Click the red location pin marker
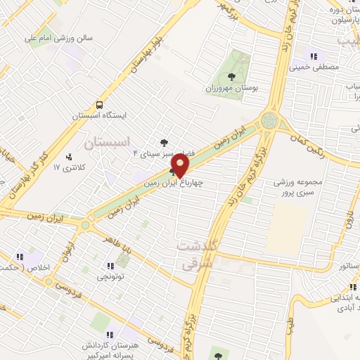181,166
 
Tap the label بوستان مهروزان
229,89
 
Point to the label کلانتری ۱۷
69,168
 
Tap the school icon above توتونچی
110,266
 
